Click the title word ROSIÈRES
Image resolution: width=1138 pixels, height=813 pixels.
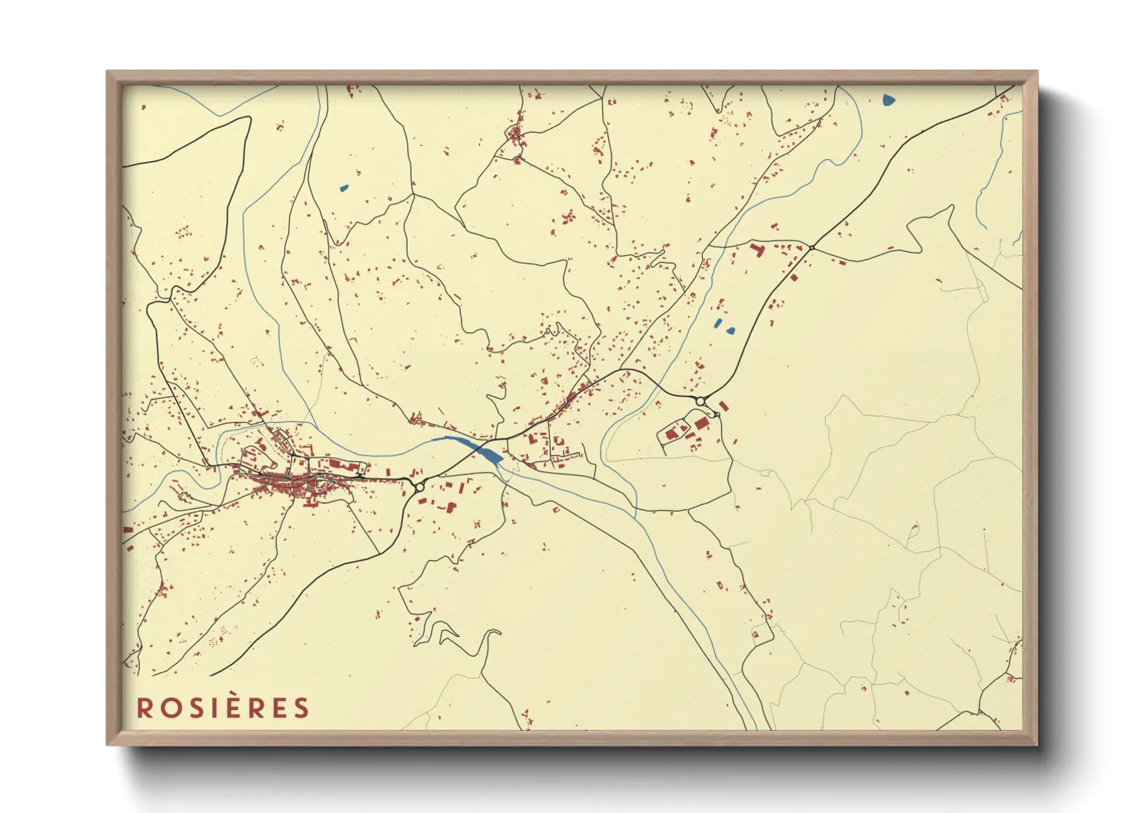click(223, 708)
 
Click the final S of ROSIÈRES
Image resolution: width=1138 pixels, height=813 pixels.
click(301, 708)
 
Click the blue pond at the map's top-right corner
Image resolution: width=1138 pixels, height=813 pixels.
click(889, 99)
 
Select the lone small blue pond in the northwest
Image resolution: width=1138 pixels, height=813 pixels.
click(344, 187)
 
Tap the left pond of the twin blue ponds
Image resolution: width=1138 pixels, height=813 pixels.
click(719, 323)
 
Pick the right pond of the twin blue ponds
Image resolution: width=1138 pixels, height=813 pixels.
click(730, 331)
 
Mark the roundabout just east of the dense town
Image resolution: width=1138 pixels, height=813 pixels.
click(420, 486)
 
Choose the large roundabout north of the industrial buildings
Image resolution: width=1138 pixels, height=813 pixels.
click(700, 401)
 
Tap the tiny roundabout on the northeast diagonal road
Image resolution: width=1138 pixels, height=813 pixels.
click(811, 247)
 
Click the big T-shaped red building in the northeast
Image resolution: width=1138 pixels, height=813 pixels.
click(755, 250)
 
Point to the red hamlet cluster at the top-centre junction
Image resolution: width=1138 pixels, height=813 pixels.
click(515, 138)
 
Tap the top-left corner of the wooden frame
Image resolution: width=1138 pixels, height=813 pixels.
click(108, 72)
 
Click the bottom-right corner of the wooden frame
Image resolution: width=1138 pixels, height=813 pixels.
click(1037, 744)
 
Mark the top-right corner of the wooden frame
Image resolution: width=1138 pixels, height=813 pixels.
click(1037, 72)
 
